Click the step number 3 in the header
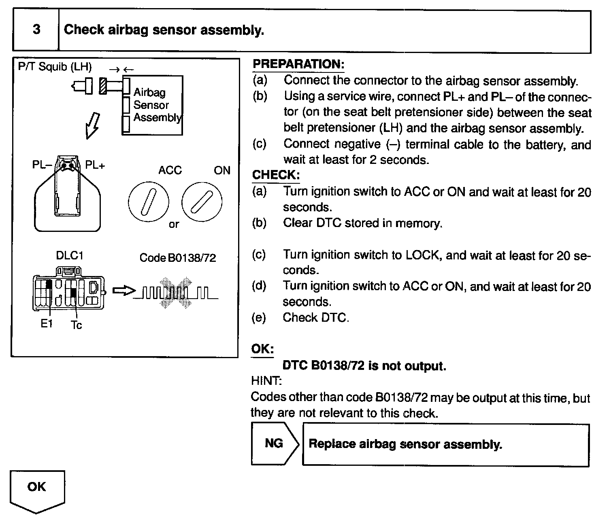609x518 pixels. click(x=36, y=30)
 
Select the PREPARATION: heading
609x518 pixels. click(x=298, y=64)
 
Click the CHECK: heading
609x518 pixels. click(x=276, y=175)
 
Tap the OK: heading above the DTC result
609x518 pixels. click(x=262, y=349)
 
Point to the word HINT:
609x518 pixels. click(x=266, y=381)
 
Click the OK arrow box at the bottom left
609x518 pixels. click(x=37, y=488)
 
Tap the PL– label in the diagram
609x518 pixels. click(x=42, y=166)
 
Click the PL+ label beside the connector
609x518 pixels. click(x=95, y=166)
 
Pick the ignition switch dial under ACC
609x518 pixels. click(x=148, y=201)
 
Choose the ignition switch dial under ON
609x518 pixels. click(x=202, y=201)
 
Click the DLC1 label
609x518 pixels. click(x=70, y=256)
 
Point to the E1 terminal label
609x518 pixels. click(x=47, y=324)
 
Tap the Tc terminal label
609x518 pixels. click(x=76, y=325)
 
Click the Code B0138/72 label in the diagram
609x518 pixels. click(x=177, y=258)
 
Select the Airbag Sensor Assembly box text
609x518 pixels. click(x=157, y=105)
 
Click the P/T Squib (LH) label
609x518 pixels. click(x=55, y=67)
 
